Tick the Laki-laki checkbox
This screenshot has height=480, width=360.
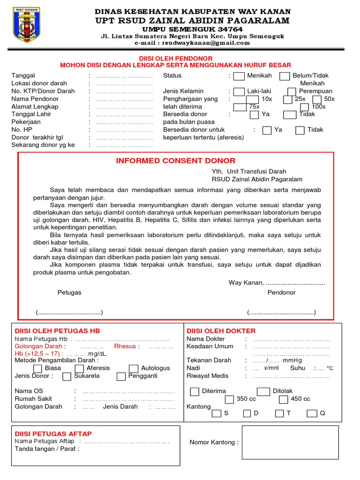(239, 91)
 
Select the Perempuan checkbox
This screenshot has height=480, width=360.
(292, 91)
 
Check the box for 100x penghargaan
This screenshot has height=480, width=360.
(305, 107)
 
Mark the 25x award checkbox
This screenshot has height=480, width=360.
(288, 99)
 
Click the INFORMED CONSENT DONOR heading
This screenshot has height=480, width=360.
(176, 161)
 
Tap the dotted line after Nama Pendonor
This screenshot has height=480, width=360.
(124, 99)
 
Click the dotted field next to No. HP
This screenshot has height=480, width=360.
(124, 130)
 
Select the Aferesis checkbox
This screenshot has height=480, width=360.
(79, 368)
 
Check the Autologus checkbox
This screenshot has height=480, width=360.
(134, 368)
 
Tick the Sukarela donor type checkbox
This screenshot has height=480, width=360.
(67, 376)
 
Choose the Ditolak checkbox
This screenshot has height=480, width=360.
(263, 391)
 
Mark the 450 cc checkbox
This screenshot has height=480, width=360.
(283, 399)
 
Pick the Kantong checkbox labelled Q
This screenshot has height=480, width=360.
(311, 413)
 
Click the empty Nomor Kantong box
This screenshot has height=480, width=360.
(290, 442)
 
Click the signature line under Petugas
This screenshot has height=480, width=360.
(69, 313)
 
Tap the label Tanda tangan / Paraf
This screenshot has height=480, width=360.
(47, 449)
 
